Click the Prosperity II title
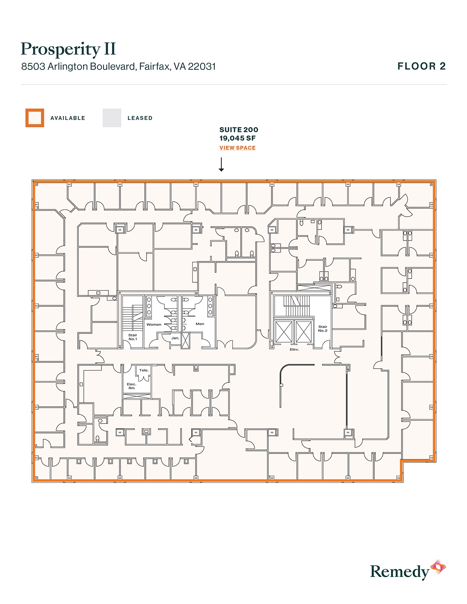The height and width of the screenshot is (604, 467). (68, 49)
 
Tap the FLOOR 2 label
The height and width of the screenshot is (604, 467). (422, 66)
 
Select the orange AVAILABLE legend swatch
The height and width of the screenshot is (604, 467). (35, 118)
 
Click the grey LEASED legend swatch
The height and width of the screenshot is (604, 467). (112, 118)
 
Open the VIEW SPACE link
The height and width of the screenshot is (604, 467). (237, 148)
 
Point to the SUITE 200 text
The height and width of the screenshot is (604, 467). (238, 130)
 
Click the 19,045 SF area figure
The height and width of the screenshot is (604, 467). (237, 138)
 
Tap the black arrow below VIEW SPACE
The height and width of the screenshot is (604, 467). (221, 164)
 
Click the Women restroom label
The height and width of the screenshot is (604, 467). (154, 325)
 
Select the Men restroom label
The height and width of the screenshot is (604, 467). (200, 324)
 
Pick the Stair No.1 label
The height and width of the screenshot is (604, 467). (133, 337)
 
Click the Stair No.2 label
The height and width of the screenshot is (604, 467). (323, 329)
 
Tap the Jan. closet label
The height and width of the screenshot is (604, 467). (175, 338)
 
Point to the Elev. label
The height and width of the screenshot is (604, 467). (294, 350)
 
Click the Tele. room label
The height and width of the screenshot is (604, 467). (144, 370)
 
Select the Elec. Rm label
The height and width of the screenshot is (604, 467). (131, 386)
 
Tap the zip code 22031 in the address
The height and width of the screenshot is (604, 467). (202, 67)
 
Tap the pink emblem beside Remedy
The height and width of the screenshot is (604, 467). (438, 567)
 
